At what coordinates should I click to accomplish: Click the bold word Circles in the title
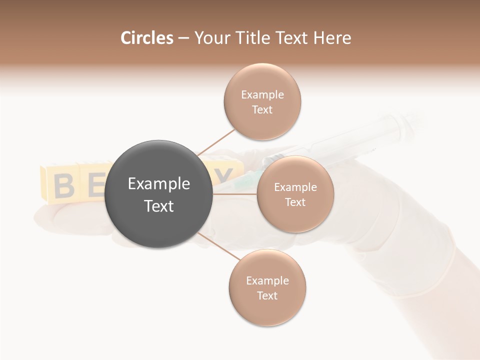[146, 38]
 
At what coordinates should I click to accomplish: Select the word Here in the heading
[332, 38]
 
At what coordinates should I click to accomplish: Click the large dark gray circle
[159, 194]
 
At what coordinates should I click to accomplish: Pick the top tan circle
[262, 101]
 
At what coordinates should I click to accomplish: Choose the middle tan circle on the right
[295, 194]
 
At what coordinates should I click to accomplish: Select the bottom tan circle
[267, 287]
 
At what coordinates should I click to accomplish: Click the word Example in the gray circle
[159, 184]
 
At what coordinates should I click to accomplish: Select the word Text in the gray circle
[159, 206]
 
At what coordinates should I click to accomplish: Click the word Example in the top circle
[262, 94]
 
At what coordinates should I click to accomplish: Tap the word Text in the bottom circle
[267, 295]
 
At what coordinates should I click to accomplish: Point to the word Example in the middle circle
[295, 187]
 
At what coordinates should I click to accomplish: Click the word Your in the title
[209, 38]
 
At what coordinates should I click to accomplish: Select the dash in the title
[183, 38]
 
